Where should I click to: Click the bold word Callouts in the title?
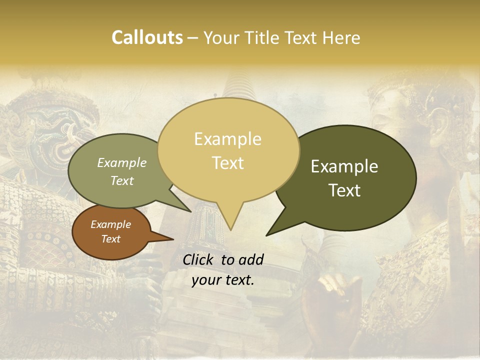147,37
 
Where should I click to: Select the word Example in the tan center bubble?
227,139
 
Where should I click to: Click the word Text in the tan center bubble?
227,163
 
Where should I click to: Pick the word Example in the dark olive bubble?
344,166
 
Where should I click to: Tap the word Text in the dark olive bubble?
344,190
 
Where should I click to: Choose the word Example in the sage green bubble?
122,163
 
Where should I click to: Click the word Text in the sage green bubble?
122,180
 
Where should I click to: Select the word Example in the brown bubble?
110,224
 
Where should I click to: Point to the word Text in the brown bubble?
110,239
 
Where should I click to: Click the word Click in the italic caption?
199,259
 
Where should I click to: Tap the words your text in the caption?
223,280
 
